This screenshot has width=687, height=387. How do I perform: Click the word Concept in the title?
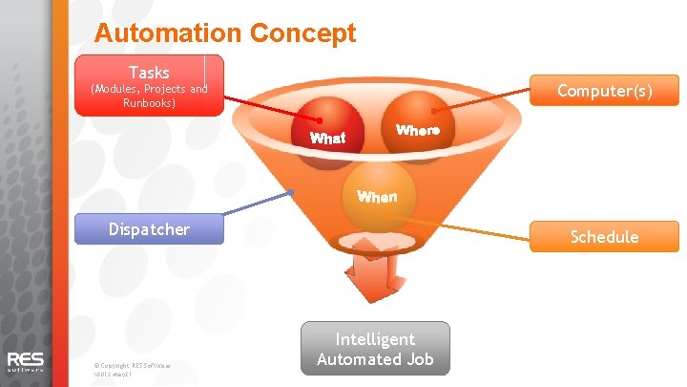coord(302,33)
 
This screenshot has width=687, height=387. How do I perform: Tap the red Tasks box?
coord(149,85)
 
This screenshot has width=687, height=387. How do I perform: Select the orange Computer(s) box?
coord(604,91)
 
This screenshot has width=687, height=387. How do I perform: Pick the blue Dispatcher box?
coord(149,229)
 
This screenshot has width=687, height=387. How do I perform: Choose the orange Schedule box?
coord(604,236)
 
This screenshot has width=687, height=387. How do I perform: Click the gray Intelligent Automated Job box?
coord(375,349)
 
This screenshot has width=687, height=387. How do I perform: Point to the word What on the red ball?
coord(327,139)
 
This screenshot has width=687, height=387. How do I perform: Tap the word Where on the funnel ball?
coord(417,130)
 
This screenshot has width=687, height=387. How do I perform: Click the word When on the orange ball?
coord(377,197)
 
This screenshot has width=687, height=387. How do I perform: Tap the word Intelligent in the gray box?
coord(375,339)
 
